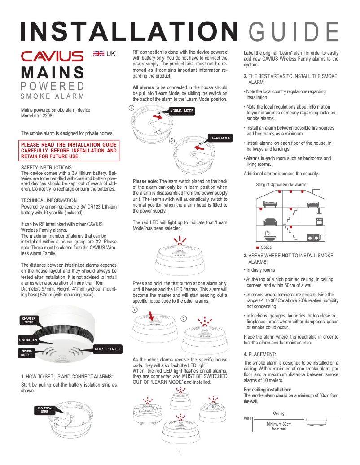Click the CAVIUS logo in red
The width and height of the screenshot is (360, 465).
[x=52, y=56]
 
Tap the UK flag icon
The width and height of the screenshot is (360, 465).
[x=98, y=54]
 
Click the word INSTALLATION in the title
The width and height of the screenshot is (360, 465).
[x=129, y=31]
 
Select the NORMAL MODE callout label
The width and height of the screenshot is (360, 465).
[x=182, y=110]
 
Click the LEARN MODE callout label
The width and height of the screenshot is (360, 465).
[x=220, y=138]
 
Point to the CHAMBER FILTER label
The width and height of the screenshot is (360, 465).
[x=29, y=320]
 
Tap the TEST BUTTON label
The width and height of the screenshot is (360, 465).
[x=28, y=340]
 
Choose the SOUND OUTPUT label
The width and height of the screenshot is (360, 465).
[x=27, y=353]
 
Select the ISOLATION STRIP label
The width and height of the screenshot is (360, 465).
[x=45, y=409]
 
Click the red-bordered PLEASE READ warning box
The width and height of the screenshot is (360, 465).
[x=69, y=151]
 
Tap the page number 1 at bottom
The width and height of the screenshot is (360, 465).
[x=180, y=452]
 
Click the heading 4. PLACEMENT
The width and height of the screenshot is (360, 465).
[x=260, y=354]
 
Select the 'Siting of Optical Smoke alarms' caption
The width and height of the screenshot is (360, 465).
[x=281, y=184]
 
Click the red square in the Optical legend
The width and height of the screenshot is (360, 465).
[x=257, y=248]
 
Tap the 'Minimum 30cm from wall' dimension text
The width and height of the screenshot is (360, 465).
[x=279, y=426]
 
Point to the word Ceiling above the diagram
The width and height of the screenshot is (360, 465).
[x=278, y=413]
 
